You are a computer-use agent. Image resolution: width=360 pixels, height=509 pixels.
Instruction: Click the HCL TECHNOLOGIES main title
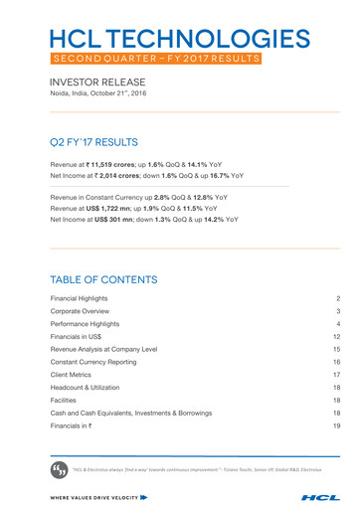pyautogui.click(x=179, y=39)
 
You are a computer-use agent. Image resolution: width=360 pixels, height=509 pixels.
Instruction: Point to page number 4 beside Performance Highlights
pyautogui.click(x=338, y=325)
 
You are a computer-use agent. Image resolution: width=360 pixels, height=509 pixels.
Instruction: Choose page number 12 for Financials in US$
pyautogui.click(x=337, y=338)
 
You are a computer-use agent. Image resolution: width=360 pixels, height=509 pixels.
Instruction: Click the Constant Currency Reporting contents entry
pyautogui.click(x=99, y=364)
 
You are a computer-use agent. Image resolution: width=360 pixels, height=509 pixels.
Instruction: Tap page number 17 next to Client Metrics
pyautogui.click(x=337, y=376)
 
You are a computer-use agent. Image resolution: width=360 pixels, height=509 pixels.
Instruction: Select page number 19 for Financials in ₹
pyautogui.click(x=337, y=425)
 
